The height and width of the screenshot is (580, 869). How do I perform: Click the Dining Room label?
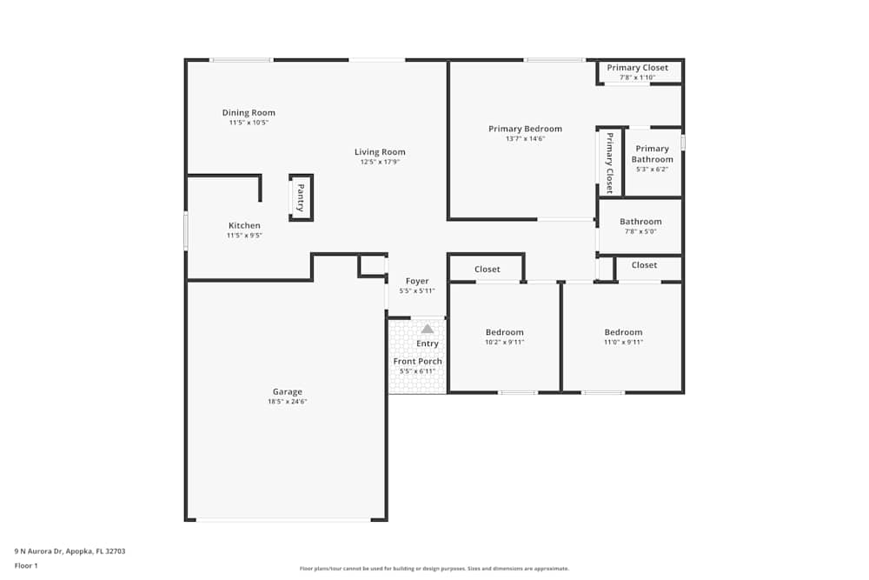tap(249, 113)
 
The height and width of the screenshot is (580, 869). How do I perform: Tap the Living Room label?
tap(380, 152)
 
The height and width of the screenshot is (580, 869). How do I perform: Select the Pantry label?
tap(301, 197)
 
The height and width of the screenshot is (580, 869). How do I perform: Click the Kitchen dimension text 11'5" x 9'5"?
tap(244, 236)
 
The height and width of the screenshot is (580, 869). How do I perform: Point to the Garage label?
tap(288, 391)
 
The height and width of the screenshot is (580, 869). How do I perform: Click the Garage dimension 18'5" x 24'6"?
tap(288, 402)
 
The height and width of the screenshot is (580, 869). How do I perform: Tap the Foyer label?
tap(417, 281)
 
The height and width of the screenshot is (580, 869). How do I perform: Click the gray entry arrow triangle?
tap(428, 329)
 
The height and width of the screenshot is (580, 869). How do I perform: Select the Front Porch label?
tap(417, 361)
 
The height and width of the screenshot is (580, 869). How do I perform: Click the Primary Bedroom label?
tap(525, 129)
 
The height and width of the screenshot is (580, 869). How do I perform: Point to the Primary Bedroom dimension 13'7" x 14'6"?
tap(525, 138)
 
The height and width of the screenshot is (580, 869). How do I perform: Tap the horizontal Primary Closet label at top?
tap(638, 68)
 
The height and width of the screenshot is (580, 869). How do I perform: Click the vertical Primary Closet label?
tap(610, 162)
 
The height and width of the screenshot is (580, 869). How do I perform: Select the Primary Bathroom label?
tap(652, 154)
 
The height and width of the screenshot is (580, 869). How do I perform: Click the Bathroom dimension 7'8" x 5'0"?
tap(640, 231)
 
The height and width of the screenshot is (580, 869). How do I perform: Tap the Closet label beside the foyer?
tap(487, 270)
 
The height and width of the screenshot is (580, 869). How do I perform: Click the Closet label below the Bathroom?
tap(644, 265)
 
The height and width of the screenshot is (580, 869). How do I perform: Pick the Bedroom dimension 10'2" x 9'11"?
tap(504, 342)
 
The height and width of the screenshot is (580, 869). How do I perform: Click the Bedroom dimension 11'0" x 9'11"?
tap(623, 342)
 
